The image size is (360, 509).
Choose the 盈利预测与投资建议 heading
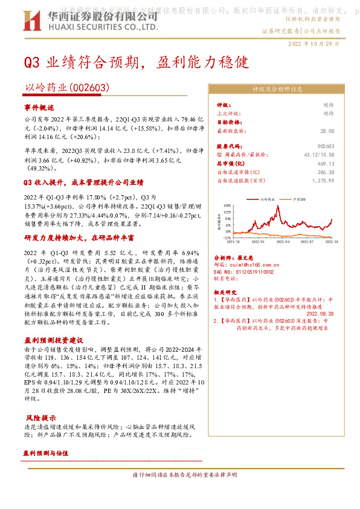coord(53,341)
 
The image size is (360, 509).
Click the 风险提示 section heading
coord(40,418)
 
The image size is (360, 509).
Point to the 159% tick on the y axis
coord(227,205)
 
